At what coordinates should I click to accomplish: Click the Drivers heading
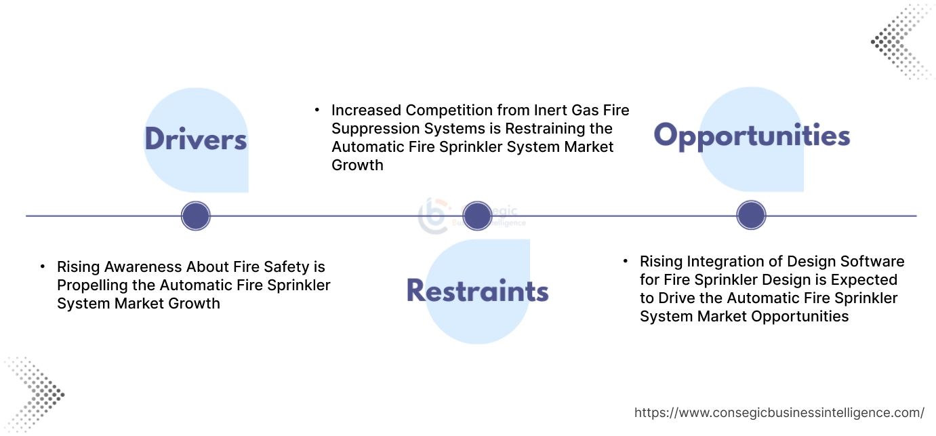196,139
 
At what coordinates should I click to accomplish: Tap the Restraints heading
477,291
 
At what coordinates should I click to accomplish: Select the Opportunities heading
752,136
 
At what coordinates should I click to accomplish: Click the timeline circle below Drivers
196,216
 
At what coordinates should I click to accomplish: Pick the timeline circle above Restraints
477,216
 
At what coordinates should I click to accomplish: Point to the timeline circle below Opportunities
751,216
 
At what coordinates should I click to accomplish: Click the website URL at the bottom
779,412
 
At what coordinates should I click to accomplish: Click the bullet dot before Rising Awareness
43,266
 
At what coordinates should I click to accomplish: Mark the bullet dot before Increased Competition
317,109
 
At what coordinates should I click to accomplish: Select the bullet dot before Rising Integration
626,261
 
